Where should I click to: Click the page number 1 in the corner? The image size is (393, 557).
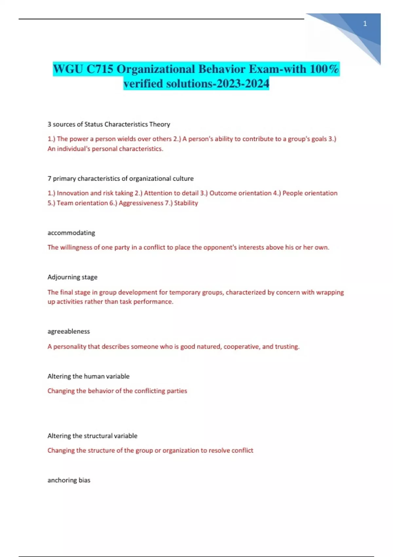365,24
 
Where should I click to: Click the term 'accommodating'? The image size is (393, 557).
71,233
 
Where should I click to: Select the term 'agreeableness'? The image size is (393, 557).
68,332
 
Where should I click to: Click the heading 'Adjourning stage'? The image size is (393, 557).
72,277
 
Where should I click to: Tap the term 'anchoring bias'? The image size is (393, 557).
69,480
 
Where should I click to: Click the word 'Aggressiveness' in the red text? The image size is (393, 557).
141,203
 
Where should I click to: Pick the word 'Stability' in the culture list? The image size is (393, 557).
186,203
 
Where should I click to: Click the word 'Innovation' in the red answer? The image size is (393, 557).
72,193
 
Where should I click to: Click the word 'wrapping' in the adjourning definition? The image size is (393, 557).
330,292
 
